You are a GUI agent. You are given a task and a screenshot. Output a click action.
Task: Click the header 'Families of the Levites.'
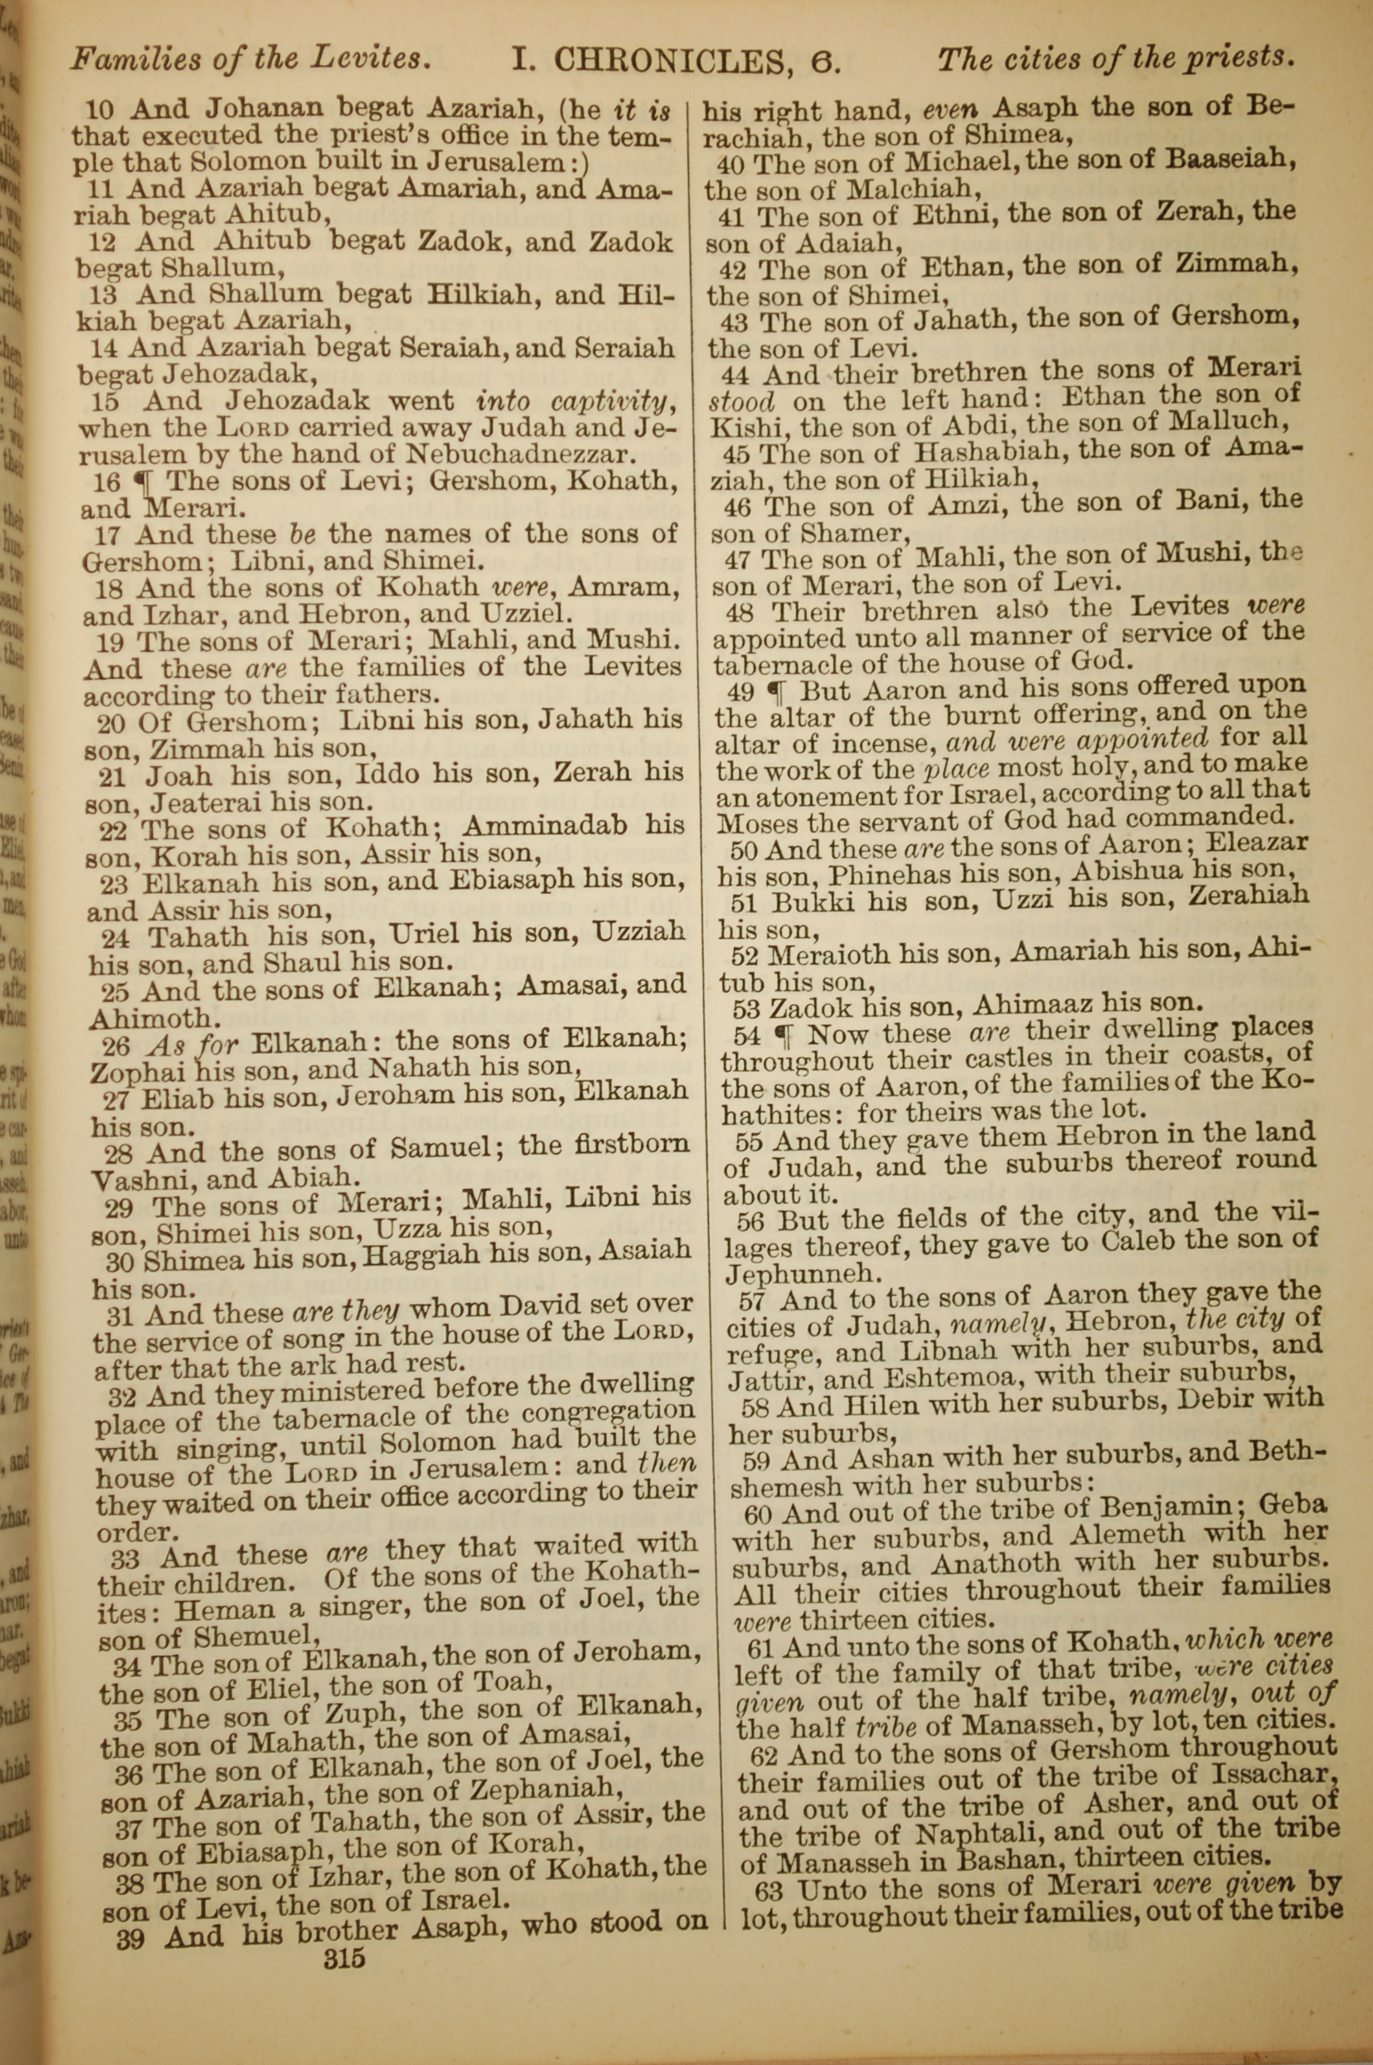coord(251,60)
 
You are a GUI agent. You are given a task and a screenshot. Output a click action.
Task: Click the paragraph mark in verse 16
coord(140,481)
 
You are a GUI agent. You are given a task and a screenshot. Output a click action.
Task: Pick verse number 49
coord(741,693)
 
